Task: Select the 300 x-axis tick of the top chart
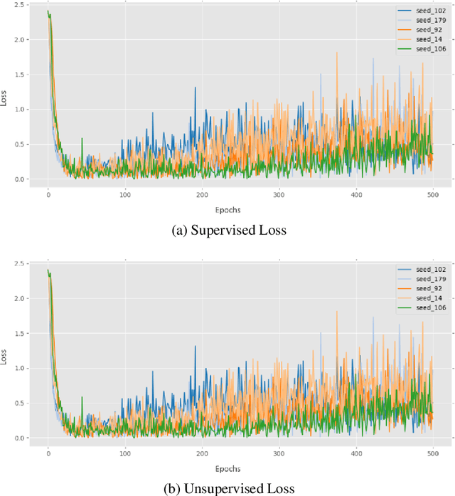279,194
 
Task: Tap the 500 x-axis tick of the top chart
432,194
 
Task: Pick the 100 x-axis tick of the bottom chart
125,453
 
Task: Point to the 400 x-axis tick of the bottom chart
355,453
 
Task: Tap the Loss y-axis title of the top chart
5,100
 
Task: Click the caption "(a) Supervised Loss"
227,231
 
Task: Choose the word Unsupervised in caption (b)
225,488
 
